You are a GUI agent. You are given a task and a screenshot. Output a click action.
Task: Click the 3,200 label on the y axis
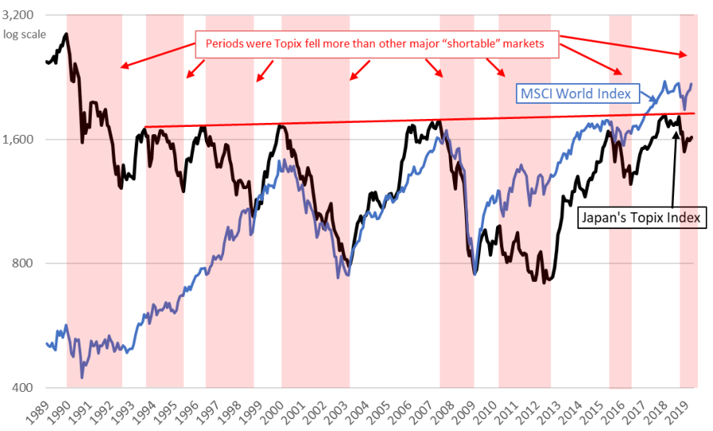[18, 15]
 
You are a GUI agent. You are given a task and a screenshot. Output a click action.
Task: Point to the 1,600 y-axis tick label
[18, 139]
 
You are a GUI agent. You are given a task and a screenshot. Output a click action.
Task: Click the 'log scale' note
[25, 34]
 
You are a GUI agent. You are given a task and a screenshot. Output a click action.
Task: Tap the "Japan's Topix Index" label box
[641, 218]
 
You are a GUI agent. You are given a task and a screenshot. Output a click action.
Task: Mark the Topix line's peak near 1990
[67, 34]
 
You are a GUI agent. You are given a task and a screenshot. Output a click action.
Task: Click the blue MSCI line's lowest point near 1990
[82, 378]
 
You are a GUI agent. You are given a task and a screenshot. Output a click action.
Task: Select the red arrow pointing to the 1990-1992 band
[158, 56]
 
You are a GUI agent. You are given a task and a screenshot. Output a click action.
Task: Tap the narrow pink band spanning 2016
[620, 201]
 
